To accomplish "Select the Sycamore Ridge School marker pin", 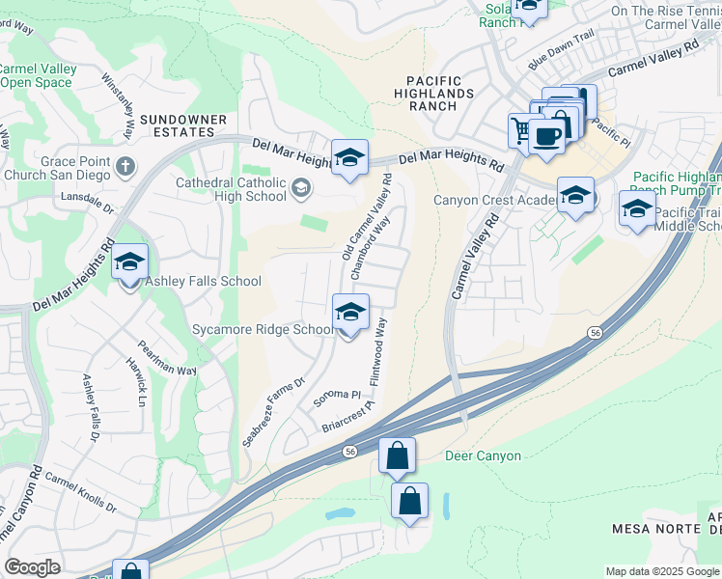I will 350,312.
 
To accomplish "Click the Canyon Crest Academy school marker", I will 575,197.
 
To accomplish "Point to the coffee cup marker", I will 547,136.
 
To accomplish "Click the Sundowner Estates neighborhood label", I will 183,125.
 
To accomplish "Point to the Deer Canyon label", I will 483,455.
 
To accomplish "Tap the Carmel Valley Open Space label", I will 37,75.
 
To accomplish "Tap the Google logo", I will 32,567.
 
